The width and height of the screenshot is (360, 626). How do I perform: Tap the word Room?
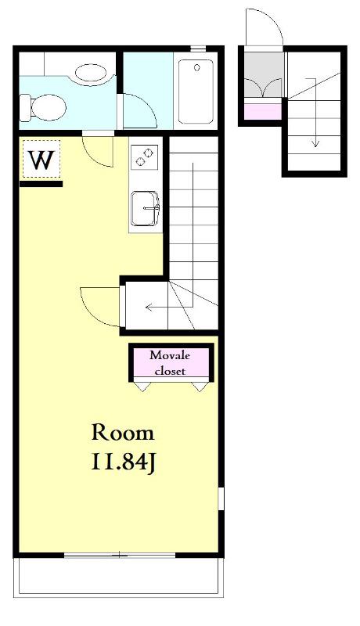click(x=123, y=433)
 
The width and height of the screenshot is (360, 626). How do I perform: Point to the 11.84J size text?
click(x=123, y=462)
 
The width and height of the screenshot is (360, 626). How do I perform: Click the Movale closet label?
click(x=170, y=362)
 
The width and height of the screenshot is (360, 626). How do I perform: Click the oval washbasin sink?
click(x=91, y=73)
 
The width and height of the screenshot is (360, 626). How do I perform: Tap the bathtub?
click(x=196, y=92)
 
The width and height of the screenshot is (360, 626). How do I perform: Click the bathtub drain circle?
click(x=196, y=67)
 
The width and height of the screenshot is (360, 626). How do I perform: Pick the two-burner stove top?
click(x=144, y=156)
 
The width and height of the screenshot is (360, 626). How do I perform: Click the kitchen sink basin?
click(x=145, y=208)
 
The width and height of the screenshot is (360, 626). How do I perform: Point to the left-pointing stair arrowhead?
click(x=149, y=307)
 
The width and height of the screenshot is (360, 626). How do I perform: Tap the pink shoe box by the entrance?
click(x=263, y=111)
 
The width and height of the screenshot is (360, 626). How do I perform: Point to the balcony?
click(x=118, y=577)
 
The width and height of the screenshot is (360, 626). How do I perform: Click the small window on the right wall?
click(x=221, y=498)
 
